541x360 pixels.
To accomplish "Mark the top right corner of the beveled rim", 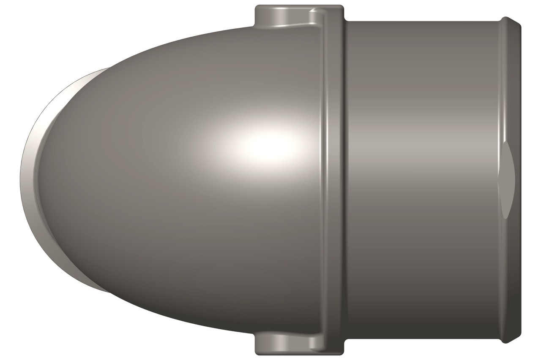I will click(x=519, y=24).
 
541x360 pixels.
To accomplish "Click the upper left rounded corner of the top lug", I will click(x=258, y=8).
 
